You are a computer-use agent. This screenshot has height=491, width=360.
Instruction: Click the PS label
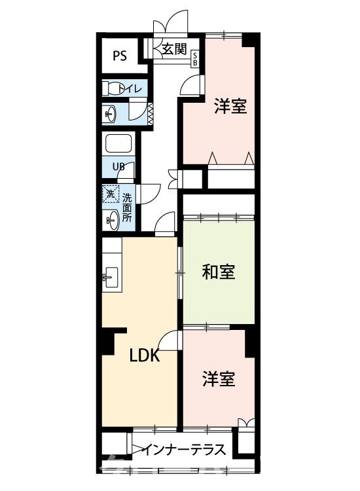120,55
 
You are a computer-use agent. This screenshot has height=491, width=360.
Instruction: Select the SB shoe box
195,60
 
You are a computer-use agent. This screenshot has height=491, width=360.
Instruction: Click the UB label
118,166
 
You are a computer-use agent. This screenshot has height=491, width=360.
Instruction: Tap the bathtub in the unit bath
118,145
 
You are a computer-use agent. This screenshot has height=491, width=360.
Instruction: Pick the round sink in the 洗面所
111,219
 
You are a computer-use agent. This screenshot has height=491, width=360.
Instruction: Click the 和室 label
218,272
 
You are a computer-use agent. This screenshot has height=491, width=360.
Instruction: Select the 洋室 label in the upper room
230,106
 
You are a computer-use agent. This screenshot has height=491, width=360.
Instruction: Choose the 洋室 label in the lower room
218,378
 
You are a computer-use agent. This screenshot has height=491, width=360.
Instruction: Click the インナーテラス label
185,450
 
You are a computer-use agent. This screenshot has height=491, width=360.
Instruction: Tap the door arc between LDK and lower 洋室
171,342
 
